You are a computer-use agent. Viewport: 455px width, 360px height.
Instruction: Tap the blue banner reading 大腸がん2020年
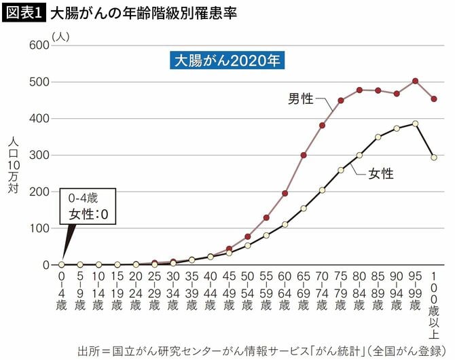[227, 60]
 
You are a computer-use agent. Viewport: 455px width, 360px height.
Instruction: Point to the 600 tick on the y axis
[39, 46]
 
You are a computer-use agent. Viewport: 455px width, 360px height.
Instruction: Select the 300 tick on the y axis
[39, 155]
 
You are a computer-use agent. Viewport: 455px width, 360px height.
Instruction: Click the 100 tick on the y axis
[39, 228]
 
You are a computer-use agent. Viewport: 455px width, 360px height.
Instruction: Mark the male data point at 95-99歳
[416, 81]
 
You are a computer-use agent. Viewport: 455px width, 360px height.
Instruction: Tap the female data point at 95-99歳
[416, 124]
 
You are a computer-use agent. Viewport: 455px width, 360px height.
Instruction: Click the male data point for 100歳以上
[434, 98]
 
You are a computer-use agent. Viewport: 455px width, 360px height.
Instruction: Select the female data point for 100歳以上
[434, 157]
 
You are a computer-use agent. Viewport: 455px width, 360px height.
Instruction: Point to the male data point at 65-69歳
[304, 155]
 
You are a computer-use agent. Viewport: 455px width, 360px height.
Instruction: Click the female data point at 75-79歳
[341, 170]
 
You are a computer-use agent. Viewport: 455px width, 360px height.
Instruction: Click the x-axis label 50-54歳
[248, 291]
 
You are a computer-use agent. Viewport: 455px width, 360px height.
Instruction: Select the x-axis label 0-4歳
[62, 291]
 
